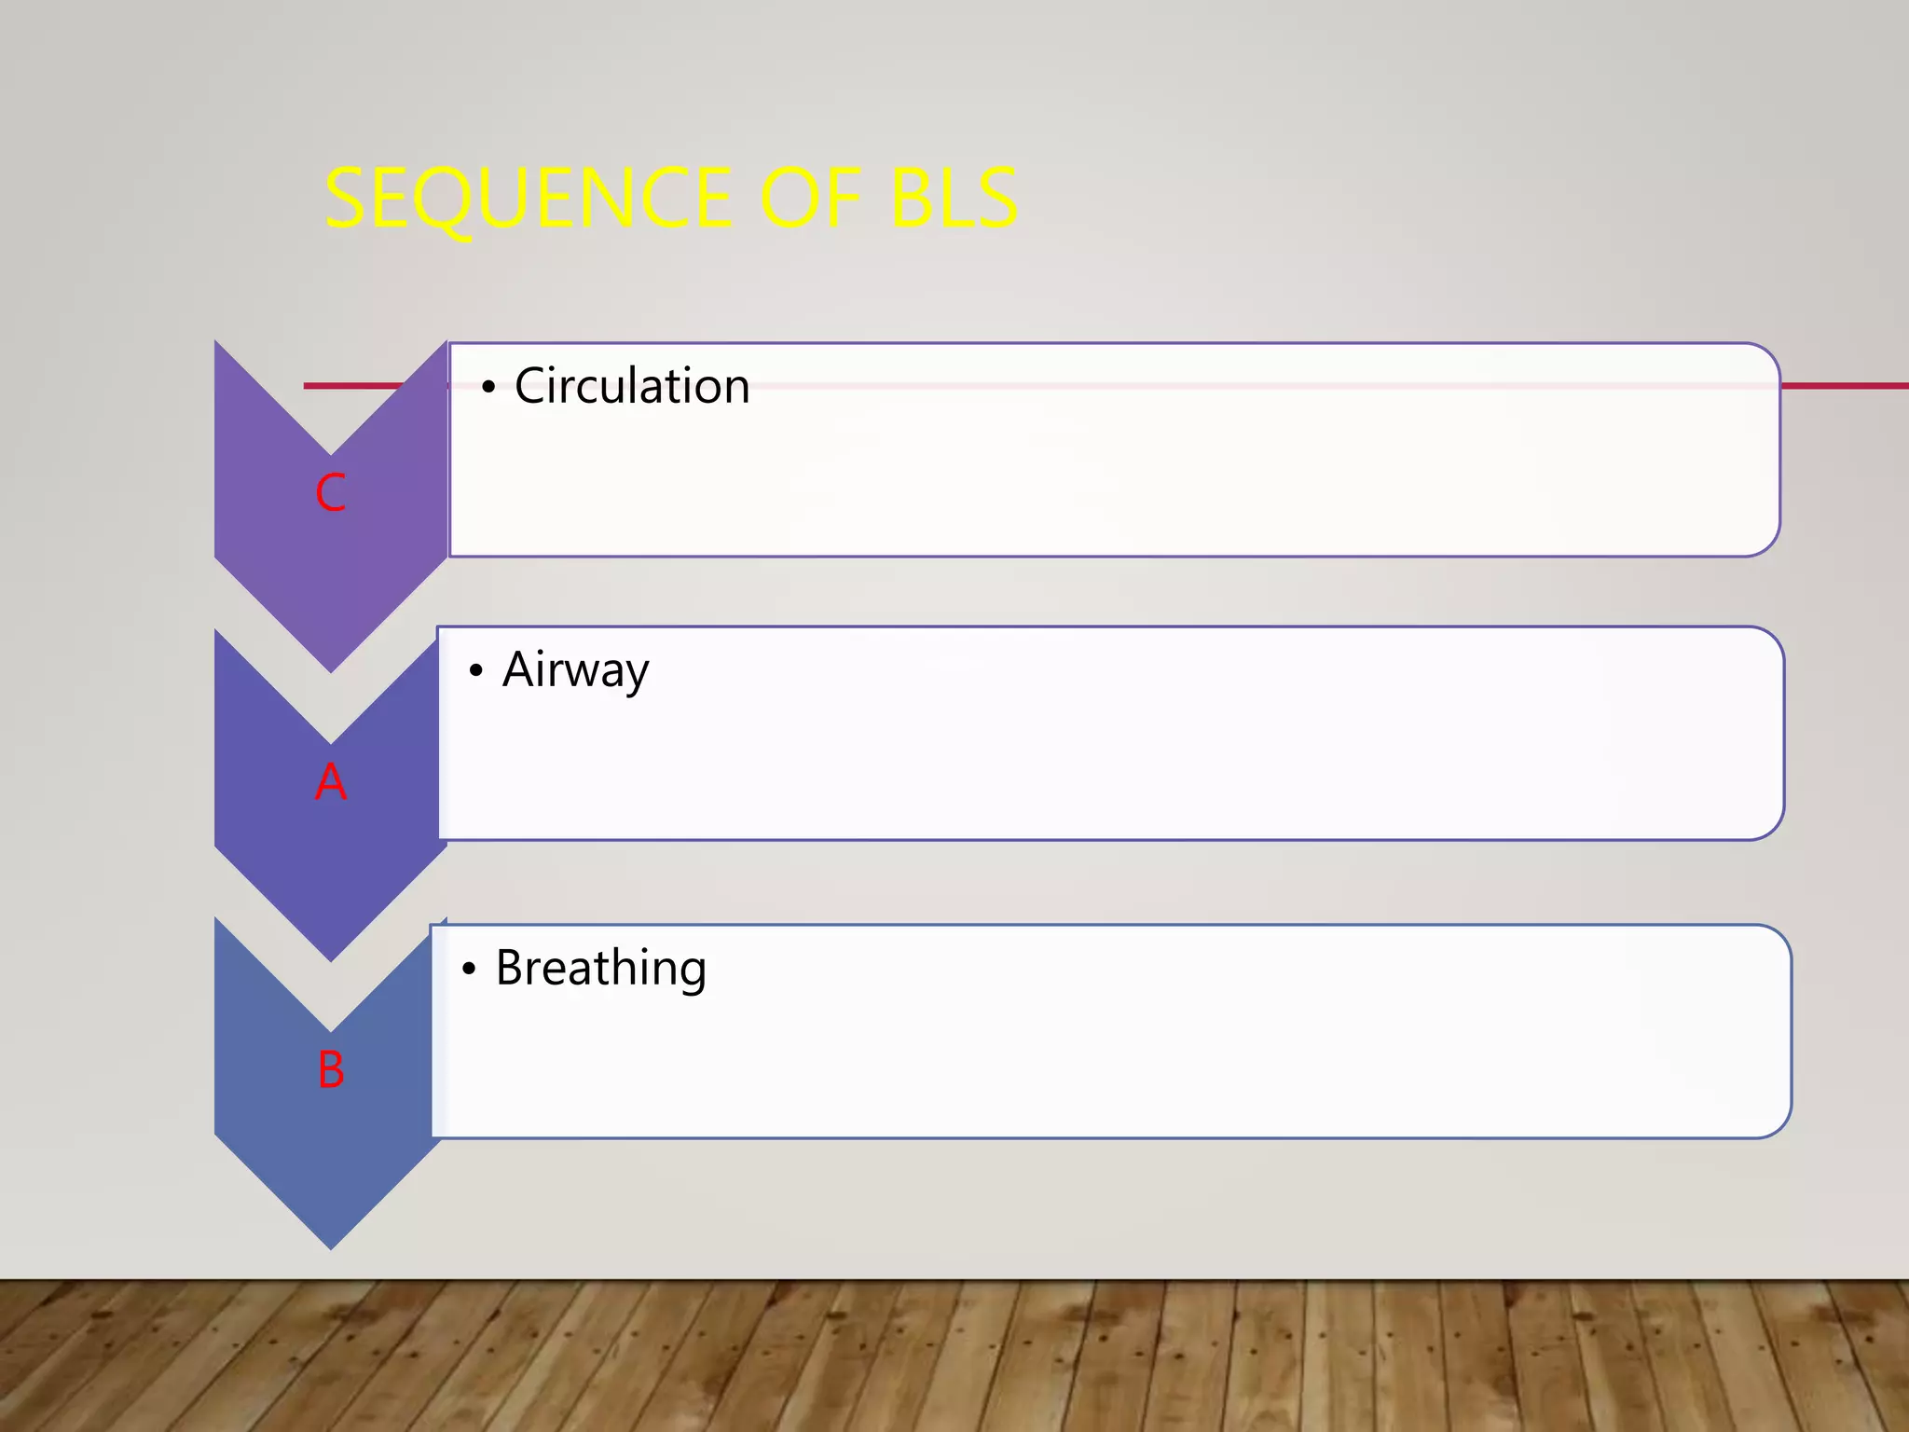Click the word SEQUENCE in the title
pos(528,199)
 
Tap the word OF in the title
pos(810,199)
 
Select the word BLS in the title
pos(954,199)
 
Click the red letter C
pos(330,492)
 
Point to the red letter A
pos(330,781)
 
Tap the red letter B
pos(330,1069)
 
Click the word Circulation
pos(632,386)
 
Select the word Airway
pos(575,669)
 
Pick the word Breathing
pos(600,968)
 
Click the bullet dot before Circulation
pos(488,387)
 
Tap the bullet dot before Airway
pos(476,670)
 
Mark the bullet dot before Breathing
pos(469,969)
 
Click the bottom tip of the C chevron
pos(330,669)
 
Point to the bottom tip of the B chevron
pos(330,1246)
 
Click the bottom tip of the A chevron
pos(330,958)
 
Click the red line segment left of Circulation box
pos(354,385)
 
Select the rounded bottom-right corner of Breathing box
pos(1779,1125)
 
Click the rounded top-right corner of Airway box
pos(1771,640)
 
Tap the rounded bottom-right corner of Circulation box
pos(1767,544)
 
